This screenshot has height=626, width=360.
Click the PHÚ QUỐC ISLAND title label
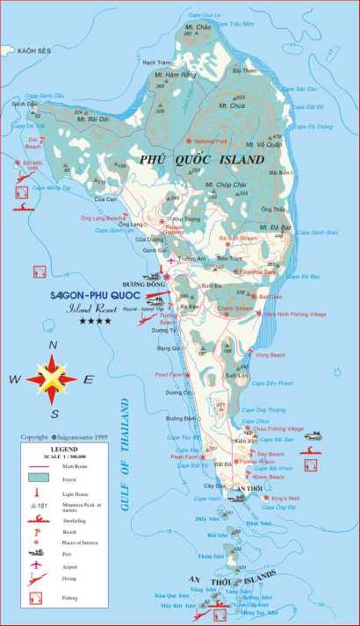click(201, 160)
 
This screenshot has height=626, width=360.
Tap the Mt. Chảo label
click(203, 28)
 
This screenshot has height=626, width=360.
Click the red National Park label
click(211, 140)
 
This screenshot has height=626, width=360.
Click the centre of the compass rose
click(52, 378)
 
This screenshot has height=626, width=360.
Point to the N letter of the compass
click(53, 345)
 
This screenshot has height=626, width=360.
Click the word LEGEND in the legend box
click(64, 447)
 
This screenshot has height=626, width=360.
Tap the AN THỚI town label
click(253, 488)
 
